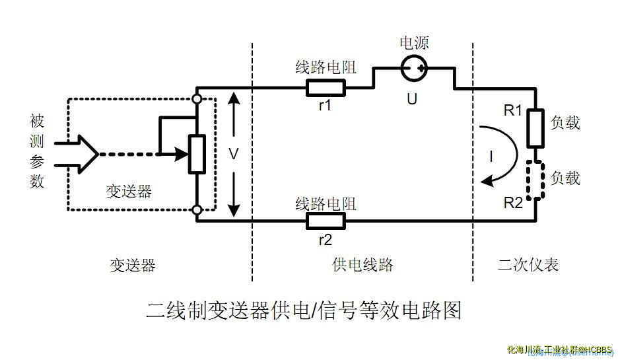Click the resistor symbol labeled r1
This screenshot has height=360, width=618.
(x=325, y=87)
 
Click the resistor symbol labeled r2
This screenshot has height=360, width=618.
(x=326, y=221)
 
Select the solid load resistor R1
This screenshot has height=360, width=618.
(x=535, y=128)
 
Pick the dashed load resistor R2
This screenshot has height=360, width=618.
(x=535, y=179)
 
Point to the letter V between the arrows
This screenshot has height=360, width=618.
(x=233, y=154)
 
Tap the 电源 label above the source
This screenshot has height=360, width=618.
(x=414, y=44)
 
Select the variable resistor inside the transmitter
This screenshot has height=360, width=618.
(x=197, y=154)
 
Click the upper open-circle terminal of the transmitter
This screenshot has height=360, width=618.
(x=197, y=98)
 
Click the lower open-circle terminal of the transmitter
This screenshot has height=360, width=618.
(x=197, y=210)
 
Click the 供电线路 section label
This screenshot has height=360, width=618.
(x=362, y=265)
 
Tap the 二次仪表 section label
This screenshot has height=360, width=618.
(x=528, y=265)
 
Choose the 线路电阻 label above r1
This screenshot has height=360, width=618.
(x=326, y=67)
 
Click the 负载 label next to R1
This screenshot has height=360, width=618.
(x=565, y=122)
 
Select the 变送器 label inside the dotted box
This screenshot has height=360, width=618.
(x=129, y=191)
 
